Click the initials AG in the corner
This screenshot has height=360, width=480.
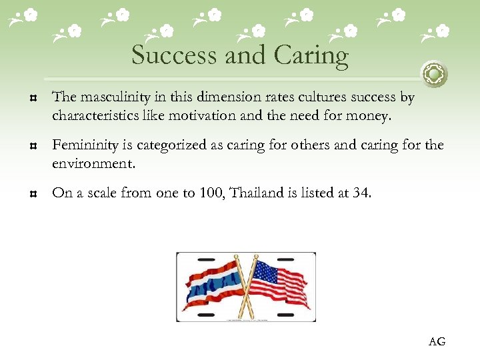[x=437, y=342]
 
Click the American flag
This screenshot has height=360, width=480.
[x=280, y=283]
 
